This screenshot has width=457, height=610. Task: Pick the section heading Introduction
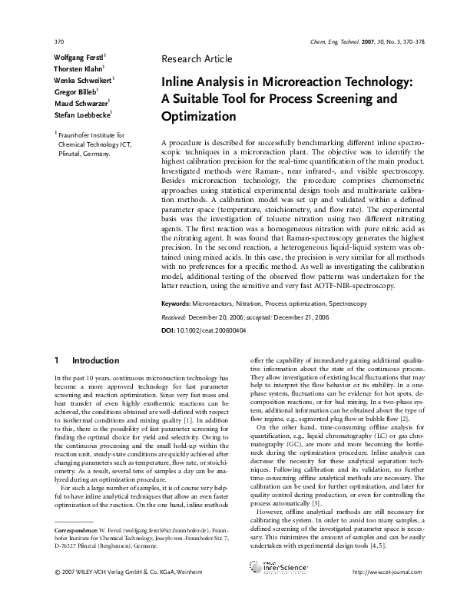point(95,360)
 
